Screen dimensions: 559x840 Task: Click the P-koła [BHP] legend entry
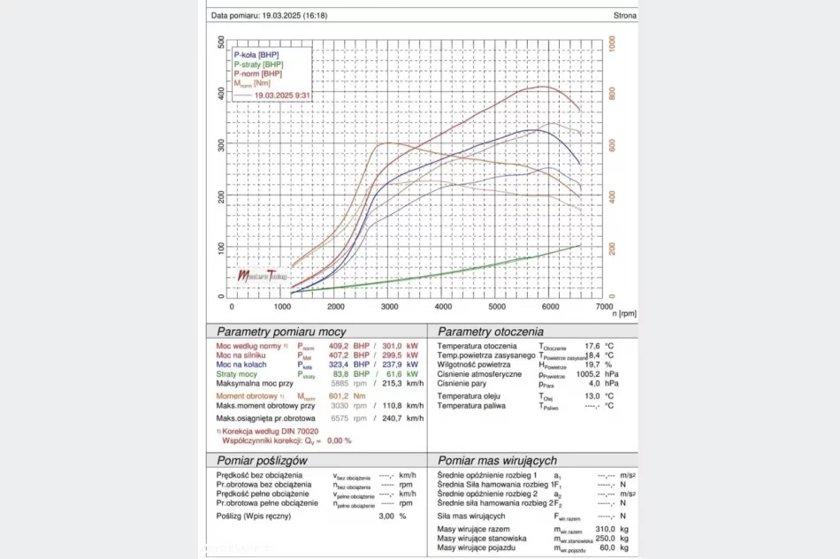[256, 55]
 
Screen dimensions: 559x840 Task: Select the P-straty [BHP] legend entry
[258, 65]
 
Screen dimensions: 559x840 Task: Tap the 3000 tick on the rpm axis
[391, 306]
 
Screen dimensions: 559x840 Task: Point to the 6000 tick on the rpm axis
[550, 306]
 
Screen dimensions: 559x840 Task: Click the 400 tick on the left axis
[220, 93]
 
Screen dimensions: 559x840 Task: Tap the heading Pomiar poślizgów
[262, 461]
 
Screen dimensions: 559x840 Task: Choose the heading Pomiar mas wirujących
[497, 461]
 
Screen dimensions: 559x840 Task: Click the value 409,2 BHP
[339, 346]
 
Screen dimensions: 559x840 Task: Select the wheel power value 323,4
[340, 364]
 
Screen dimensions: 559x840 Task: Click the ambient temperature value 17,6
[592, 346]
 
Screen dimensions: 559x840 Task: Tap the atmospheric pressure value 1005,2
[588, 374]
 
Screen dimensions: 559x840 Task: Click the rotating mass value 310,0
[604, 529]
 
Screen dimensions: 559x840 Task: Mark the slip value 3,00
[386, 516]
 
